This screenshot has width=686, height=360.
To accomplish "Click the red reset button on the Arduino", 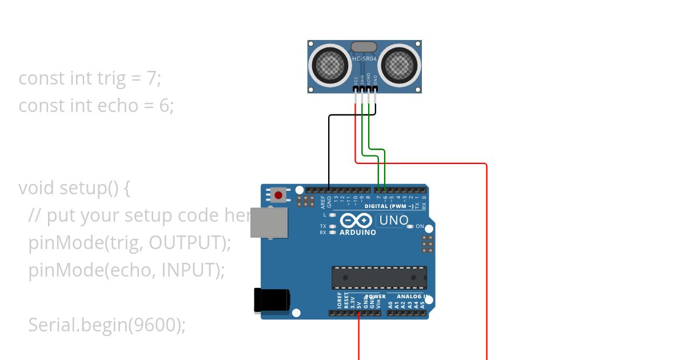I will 278,195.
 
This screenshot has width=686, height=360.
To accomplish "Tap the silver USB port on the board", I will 268,222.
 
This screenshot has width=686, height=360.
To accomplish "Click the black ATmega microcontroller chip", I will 379,278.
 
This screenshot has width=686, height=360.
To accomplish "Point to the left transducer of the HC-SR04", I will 330,66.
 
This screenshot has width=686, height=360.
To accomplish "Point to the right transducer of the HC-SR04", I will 399,66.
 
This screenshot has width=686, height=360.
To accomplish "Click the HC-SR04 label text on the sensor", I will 365,59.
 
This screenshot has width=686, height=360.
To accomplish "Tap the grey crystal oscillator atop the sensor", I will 364,47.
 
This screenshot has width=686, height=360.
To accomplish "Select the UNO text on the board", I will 394,221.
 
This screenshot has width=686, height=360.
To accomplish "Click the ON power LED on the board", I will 410,227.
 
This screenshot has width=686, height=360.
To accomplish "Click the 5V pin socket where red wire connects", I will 359,313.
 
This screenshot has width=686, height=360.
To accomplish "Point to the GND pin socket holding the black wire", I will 329,189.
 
